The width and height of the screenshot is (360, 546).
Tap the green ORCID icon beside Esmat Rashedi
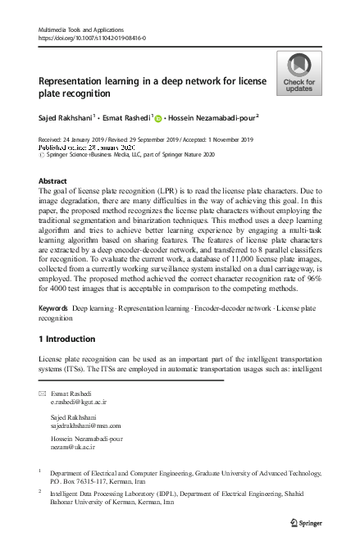[x=157, y=117]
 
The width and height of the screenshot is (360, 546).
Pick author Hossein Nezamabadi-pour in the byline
[x=212, y=116]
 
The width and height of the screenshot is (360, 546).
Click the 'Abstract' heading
[x=53, y=180]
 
